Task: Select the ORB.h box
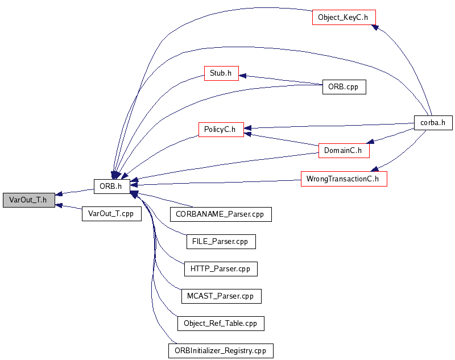tap(111, 185)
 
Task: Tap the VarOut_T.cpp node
tap(111, 214)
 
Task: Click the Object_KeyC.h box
tap(344, 17)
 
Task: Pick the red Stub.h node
tap(221, 73)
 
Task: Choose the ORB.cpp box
tap(344, 87)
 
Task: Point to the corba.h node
tap(433, 123)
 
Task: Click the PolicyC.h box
tap(221, 129)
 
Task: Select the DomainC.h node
tap(344, 151)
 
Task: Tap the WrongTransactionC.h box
tap(344, 179)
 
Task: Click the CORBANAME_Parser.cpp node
tap(221, 214)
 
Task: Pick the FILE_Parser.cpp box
tap(221, 241)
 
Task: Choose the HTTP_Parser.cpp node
tap(221, 268)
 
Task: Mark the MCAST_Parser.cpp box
tap(221, 296)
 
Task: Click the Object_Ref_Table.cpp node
tap(221, 324)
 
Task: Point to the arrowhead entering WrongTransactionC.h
tap(374, 168)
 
